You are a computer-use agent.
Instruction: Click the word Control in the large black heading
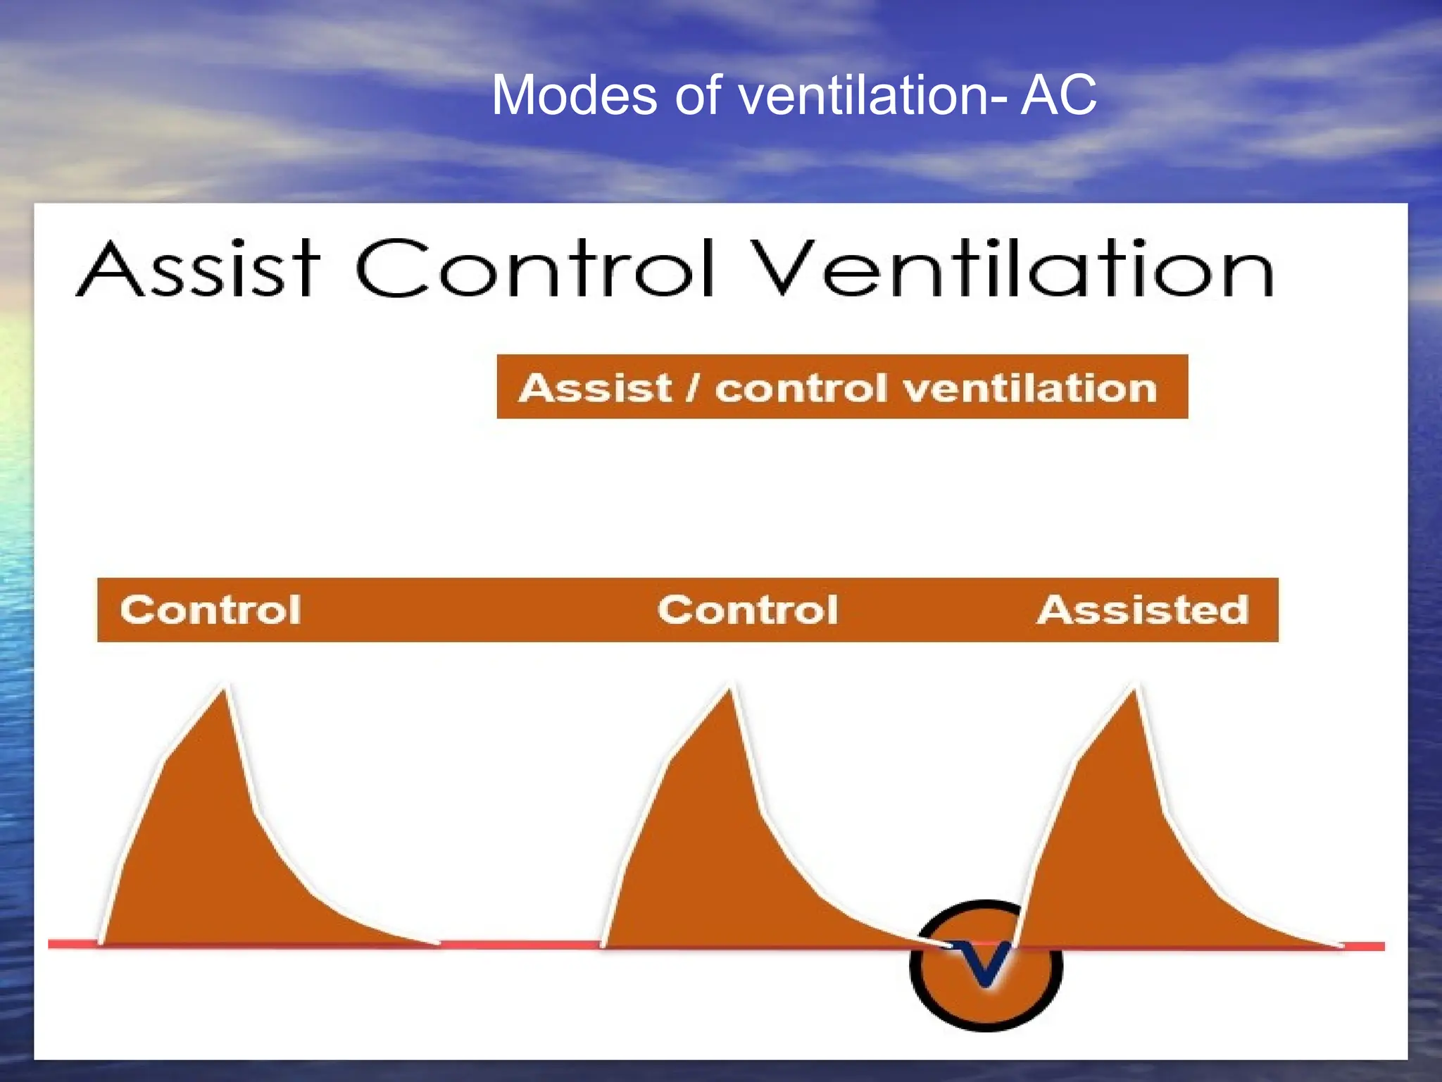tap(535, 269)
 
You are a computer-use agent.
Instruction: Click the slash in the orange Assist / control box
tap(694, 388)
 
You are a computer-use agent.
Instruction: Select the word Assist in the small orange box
tap(596, 388)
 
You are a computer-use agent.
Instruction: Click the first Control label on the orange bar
tap(211, 610)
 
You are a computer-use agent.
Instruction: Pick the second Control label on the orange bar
tap(748, 610)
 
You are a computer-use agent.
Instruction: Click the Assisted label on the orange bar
tap(1143, 610)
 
